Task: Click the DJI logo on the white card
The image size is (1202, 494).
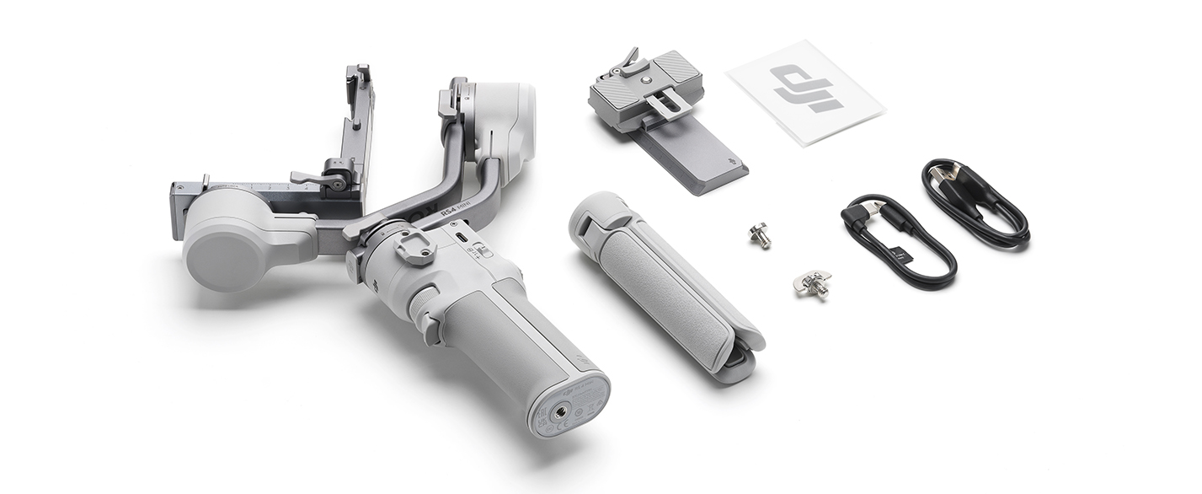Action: (x=807, y=89)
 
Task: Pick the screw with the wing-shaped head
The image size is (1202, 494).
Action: (x=812, y=284)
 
